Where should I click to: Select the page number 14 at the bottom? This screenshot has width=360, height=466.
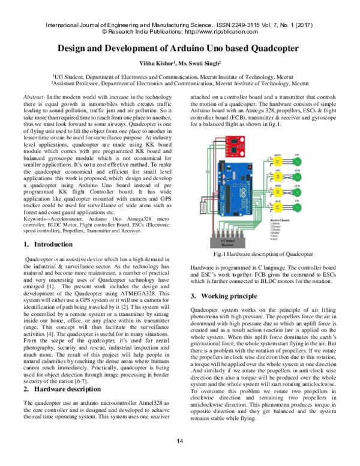(179, 458)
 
